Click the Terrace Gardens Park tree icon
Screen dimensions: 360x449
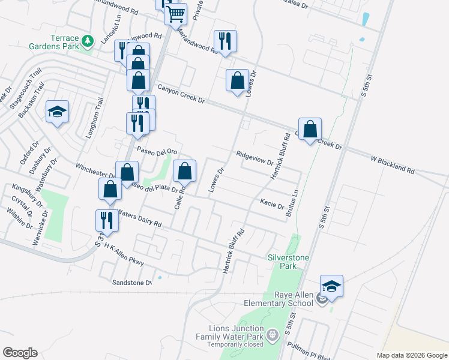(x=88, y=41)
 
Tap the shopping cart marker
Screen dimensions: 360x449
(x=175, y=13)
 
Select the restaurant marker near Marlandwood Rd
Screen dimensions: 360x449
(x=225, y=41)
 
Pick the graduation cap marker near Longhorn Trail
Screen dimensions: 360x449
(x=58, y=112)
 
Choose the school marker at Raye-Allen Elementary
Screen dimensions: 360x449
(x=331, y=286)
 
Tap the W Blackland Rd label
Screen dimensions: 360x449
(x=393, y=161)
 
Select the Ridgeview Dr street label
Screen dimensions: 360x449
(x=255, y=157)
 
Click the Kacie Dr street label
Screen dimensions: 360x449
(x=271, y=203)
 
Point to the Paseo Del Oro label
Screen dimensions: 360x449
(x=157, y=151)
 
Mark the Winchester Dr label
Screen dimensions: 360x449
(x=95, y=169)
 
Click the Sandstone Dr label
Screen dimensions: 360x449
(x=133, y=281)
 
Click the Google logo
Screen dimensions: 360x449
(x=20, y=352)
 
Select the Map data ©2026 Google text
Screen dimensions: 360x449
(x=411, y=355)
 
